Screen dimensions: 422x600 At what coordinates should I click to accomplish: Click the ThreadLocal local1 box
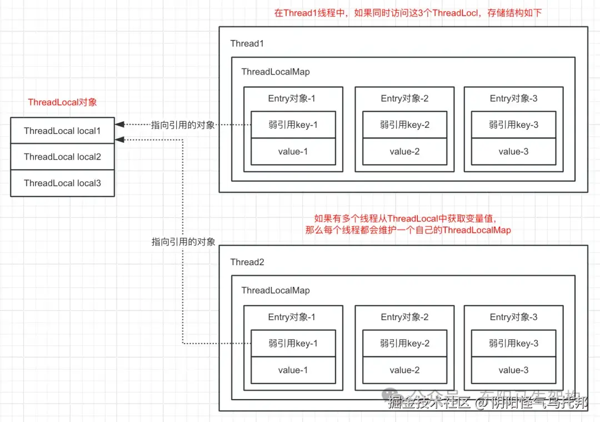click(62, 131)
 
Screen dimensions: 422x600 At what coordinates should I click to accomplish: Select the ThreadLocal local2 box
click(62, 157)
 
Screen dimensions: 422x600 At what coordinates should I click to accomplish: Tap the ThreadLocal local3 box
click(62, 183)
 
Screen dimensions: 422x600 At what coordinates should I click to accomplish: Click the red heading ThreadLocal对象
click(62, 102)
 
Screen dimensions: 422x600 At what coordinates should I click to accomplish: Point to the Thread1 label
click(247, 43)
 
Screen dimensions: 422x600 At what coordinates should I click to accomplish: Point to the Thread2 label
click(247, 262)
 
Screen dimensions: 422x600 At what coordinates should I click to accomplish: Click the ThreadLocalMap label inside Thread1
click(276, 72)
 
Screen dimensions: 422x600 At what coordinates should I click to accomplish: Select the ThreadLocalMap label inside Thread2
click(276, 290)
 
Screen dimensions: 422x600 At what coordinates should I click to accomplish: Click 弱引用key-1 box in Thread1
click(293, 125)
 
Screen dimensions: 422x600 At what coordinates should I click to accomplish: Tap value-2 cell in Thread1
click(404, 151)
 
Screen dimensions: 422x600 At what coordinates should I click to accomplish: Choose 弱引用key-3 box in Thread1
click(513, 125)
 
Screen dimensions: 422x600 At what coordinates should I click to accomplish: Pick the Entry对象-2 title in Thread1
click(404, 98)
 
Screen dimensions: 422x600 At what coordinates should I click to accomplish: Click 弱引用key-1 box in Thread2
click(293, 343)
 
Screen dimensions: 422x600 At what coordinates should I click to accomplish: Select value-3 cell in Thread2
click(513, 370)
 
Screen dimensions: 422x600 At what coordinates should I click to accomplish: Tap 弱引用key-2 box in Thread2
click(404, 343)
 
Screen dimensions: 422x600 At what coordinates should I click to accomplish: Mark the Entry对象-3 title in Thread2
click(513, 317)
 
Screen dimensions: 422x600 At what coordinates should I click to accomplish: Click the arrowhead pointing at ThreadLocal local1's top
click(119, 125)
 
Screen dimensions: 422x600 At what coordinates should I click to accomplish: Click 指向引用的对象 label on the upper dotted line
click(183, 125)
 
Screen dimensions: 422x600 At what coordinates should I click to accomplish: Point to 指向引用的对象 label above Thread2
click(183, 242)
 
